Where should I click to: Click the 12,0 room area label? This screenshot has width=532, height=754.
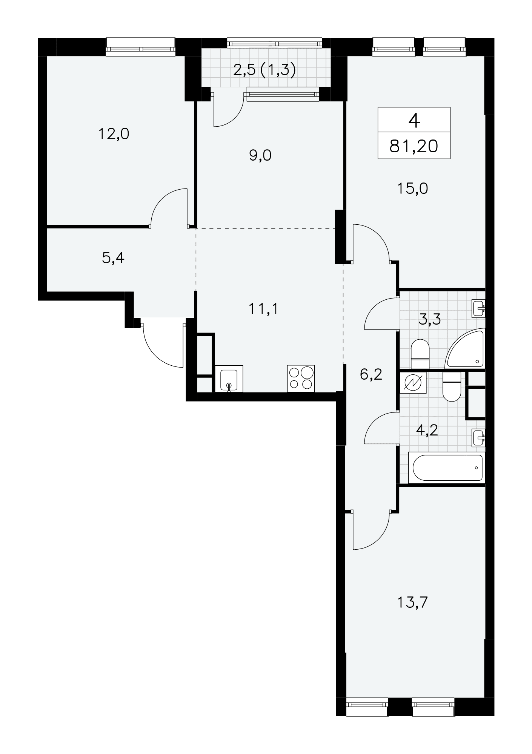114,134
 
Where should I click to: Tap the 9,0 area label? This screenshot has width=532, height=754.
260,155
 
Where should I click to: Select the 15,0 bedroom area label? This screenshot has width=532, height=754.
412,188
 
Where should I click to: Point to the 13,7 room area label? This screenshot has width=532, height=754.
412,603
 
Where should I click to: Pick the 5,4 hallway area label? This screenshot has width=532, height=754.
113,258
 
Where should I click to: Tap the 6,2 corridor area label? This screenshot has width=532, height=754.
371,374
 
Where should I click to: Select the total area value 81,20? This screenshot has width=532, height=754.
414,146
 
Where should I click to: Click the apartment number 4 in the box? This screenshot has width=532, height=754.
414,121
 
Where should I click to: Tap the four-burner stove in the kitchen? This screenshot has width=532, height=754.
301,379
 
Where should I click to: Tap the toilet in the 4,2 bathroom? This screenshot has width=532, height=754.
452,386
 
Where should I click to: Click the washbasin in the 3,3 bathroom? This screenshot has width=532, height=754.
478,308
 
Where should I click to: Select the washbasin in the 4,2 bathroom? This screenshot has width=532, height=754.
478,438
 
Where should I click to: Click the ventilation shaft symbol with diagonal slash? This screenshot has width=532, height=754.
413,383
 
